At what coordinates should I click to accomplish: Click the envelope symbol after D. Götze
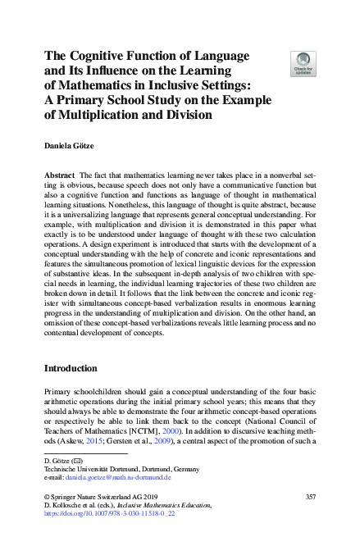click(x=77, y=459)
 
